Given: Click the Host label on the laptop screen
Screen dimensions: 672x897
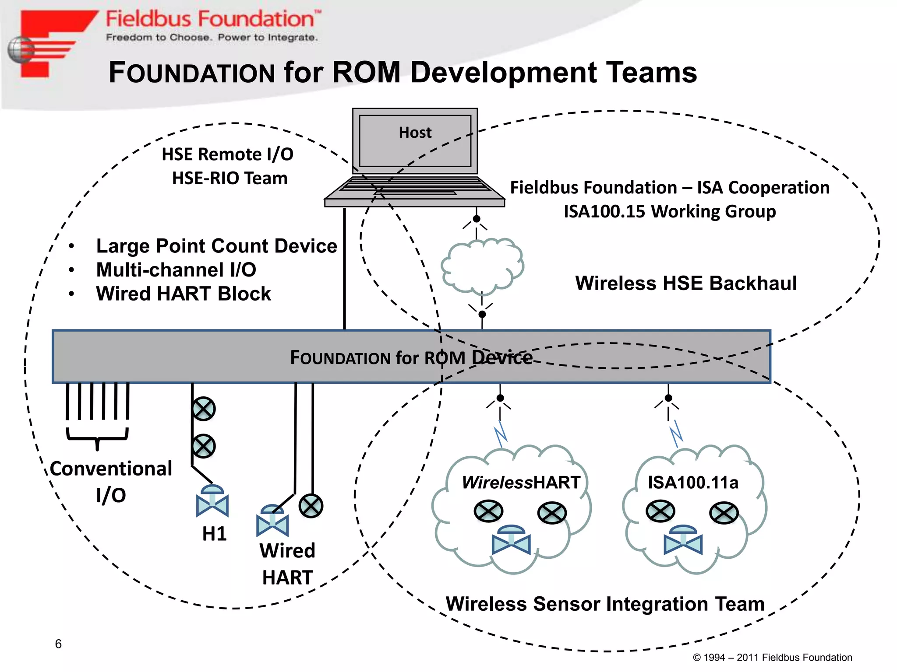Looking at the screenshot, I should tap(415, 133).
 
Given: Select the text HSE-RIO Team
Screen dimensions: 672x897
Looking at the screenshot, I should tap(230, 178).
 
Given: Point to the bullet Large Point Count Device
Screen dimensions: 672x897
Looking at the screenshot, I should tap(216, 246).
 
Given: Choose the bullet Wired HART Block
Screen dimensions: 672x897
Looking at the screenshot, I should tap(184, 294).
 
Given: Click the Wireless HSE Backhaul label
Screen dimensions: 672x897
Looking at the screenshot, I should tap(685, 283).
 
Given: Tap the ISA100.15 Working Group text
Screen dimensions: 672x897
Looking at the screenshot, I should tap(669, 211).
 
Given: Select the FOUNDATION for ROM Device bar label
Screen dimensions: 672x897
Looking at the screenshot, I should tap(411, 357).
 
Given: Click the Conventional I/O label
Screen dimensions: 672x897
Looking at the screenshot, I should tap(111, 481).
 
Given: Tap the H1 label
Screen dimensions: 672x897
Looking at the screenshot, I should tap(214, 534).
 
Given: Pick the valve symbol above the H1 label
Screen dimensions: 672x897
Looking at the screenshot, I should tap(212, 501).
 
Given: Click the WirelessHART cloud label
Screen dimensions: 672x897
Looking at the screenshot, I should tap(521, 483).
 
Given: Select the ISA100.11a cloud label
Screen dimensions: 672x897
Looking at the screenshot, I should tap(693, 483).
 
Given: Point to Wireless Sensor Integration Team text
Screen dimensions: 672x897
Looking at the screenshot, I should tap(605, 604).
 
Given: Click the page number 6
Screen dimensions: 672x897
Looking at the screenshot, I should tap(58, 644).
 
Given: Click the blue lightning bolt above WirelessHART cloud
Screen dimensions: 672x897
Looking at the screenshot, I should tap(500, 434).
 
